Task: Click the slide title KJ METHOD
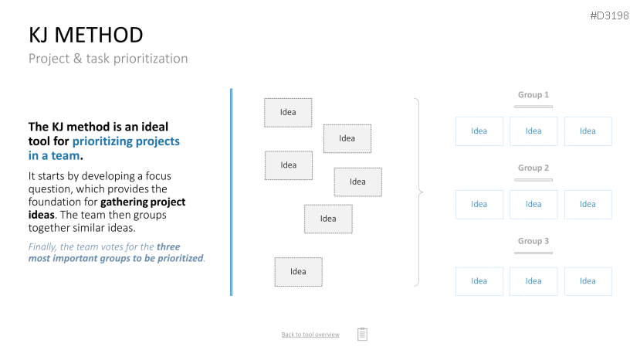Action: (86, 35)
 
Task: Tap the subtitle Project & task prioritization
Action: (108, 59)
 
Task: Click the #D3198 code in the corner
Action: (609, 15)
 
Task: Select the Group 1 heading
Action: (533, 95)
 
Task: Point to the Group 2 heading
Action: (533, 168)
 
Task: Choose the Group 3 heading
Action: (533, 241)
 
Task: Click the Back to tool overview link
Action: (310, 335)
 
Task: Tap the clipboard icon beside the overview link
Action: (362, 334)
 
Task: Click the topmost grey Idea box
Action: (288, 112)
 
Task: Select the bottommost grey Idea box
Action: (298, 272)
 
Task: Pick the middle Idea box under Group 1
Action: (533, 131)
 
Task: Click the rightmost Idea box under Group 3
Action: (588, 281)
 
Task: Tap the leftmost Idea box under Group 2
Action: (479, 204)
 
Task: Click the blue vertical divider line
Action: (232, 192)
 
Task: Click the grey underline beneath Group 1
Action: (533, 107)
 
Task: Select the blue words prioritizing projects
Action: (126, 141)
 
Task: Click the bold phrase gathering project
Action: (143, 202)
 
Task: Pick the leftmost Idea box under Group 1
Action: (479, 131)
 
